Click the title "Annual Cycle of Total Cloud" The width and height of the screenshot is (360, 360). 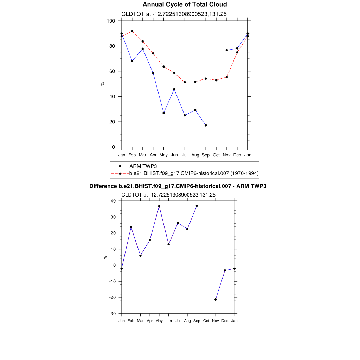coord(185,5)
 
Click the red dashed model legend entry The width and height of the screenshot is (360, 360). coord(194,173)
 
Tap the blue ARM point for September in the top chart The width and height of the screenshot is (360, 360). coord(206,125)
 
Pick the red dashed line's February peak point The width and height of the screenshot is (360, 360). coord(132,31)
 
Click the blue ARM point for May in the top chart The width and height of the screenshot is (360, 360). coord(163,113)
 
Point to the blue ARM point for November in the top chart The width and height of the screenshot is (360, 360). coord(227,50)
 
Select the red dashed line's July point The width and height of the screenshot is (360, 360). coord(185,82)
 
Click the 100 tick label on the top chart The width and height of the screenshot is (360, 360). coord(111,21)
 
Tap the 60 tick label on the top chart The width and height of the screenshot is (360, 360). coord(112,71)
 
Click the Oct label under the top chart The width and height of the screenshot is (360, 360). coord(216,155)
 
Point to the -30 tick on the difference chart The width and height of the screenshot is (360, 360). coord(112,314)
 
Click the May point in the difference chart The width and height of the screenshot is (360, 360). coord(159,206)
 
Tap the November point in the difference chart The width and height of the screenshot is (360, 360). coord(216,300)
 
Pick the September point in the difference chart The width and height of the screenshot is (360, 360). coord(197,206)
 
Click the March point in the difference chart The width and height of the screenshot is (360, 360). coord(140,256)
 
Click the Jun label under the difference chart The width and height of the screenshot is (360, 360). coord(168,321)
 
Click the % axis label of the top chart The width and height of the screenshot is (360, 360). coord(102,84)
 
